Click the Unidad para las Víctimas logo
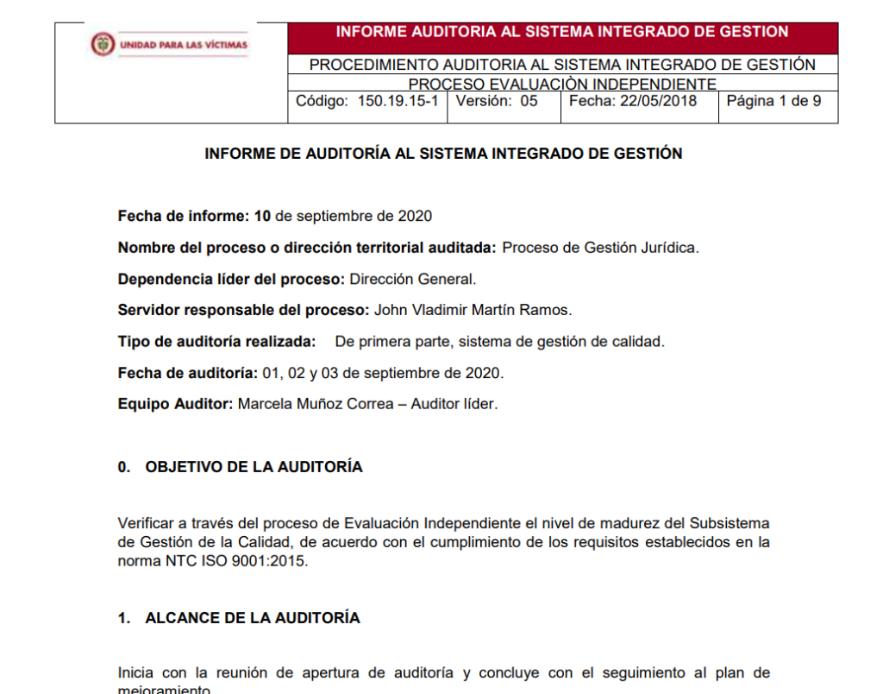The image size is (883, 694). point(169,44)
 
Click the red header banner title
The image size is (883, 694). point(561,32)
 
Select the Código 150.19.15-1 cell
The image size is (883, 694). point(367,101)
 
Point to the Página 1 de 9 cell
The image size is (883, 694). point(773,101)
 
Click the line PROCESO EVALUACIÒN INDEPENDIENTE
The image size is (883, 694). point(561,85)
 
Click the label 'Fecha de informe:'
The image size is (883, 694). point(184,216)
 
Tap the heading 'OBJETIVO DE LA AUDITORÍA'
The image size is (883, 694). point(254,467)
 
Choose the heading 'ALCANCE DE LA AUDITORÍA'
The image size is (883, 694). point(252,618)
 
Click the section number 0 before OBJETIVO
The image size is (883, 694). point(123,467)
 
